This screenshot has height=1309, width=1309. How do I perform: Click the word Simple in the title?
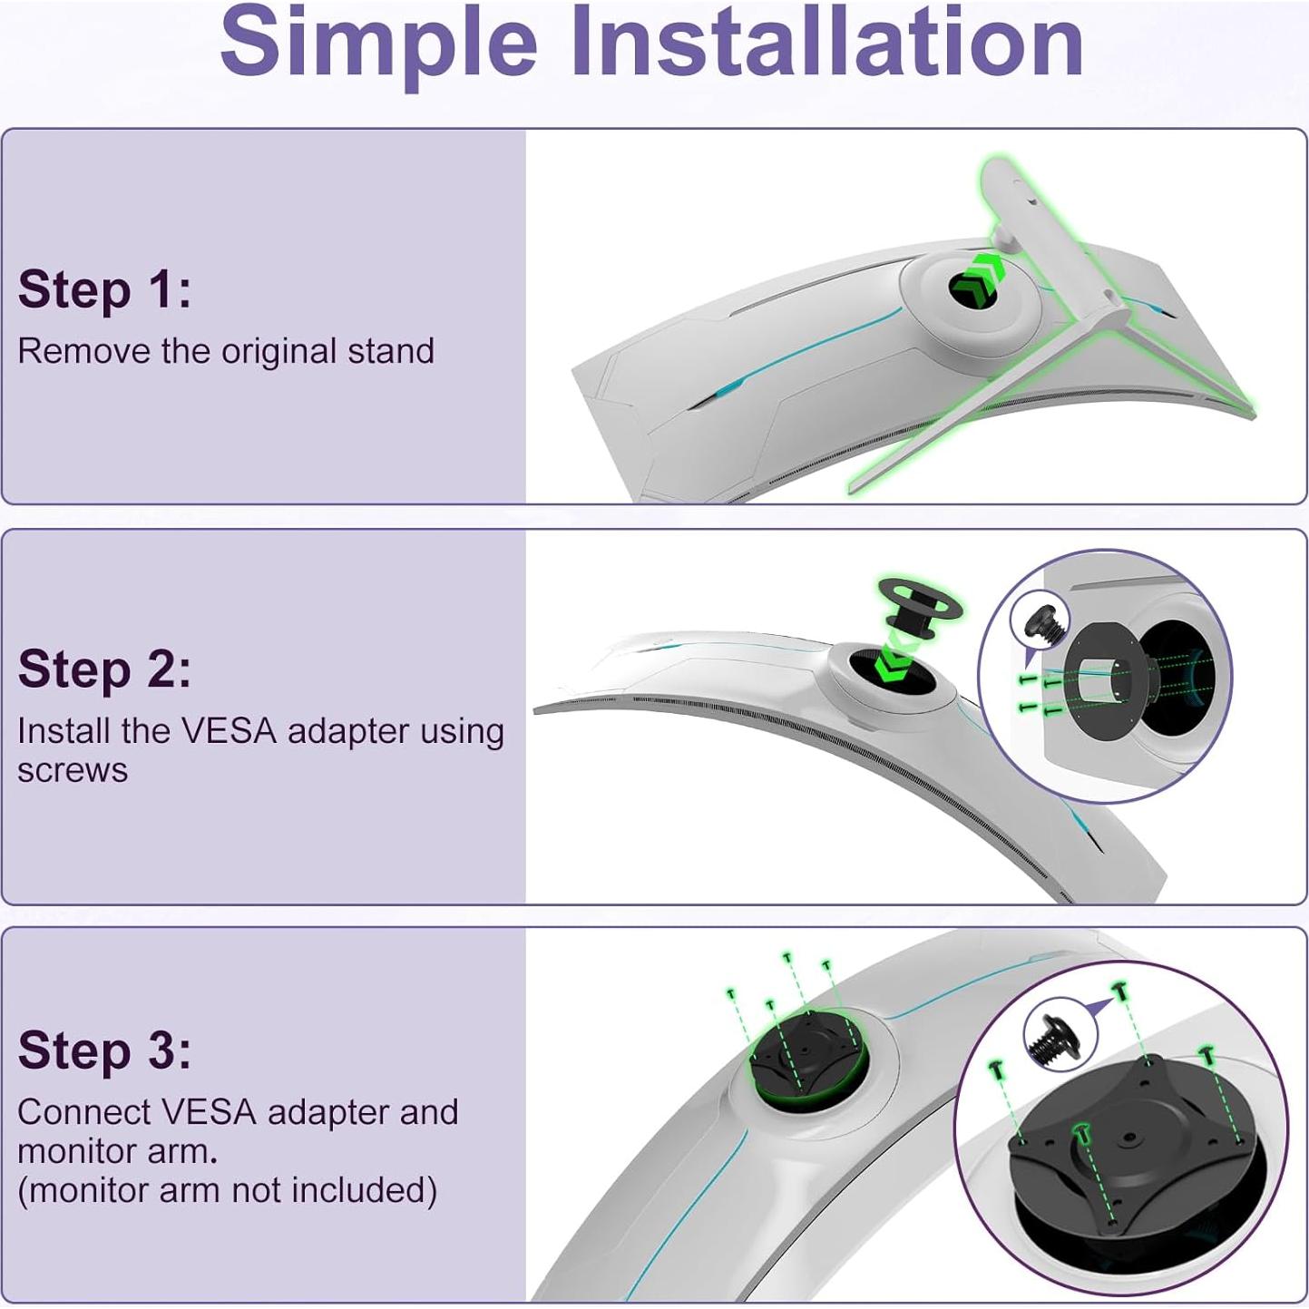(378, 43)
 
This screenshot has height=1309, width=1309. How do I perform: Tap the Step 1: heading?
(104, 289)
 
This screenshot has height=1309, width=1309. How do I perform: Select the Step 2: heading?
(104, 669)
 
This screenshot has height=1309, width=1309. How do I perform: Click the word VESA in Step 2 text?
(229, 731)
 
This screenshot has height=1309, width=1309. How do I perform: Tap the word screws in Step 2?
(73, 770)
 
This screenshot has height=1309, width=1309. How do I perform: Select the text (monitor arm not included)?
(227, 1189)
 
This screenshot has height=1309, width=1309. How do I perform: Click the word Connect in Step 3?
(83, 1112)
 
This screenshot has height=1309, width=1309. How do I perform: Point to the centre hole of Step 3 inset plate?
(1129, 1137)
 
